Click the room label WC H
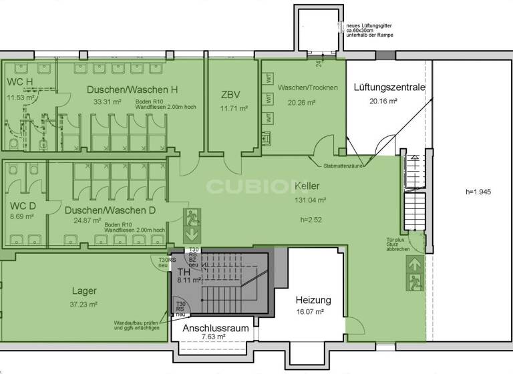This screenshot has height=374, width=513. [19, 82]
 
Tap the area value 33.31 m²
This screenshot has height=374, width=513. [107, 102]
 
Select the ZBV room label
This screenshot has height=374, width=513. [230, 94]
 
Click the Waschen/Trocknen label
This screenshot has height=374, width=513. [308, 88]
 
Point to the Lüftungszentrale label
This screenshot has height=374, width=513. [389, 87]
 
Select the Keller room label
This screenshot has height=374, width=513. [307, 186]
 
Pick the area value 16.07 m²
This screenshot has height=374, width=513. [310, 312]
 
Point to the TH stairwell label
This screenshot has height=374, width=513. [184, 272]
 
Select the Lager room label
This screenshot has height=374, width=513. [84, 291]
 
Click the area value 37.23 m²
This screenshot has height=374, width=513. [84, 304]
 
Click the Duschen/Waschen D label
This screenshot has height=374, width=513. [110, 210]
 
